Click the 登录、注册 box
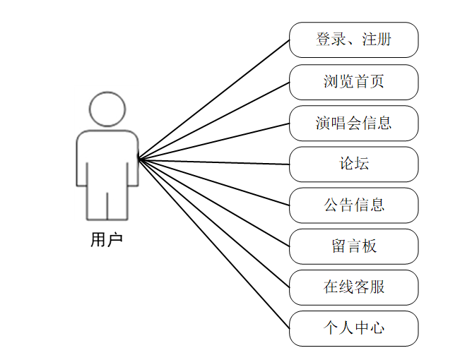pyautogui.click(x=353, y=40)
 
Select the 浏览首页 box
pyautogui.click(x=353, y=82)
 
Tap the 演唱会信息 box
pyautogui.click(x=353, y=123)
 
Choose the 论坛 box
pyautogui.click(x=353, y=164)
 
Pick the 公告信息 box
pyautogui.click(x=353, y=205)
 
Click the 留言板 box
pyautogui.click(x=353, y=246)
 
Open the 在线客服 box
pyautogui.click(x=353, y=287)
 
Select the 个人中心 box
pyautogui.click(x=353, y=328)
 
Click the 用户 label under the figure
pyautogui.click(x=107, y=240)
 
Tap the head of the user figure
pyautogui.click(x=107, y=109)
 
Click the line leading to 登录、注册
pyautogui.click(x=214, y=99)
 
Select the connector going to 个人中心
pyautogui.click(x=214, y=244)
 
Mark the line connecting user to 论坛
pyautogui.click(x=214, y=162)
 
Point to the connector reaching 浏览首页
pyautogui.click(x=214, y=120)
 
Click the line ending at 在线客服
pyautogui.click(x=214, y=224)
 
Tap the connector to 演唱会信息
pyautogui.click(x=214, y=141)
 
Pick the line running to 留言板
pyautogui.click(x=214, y=203)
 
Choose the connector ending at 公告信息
pyautogui.click(x=214, y=182)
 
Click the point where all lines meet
pyautogui.click(x=138, y=159)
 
